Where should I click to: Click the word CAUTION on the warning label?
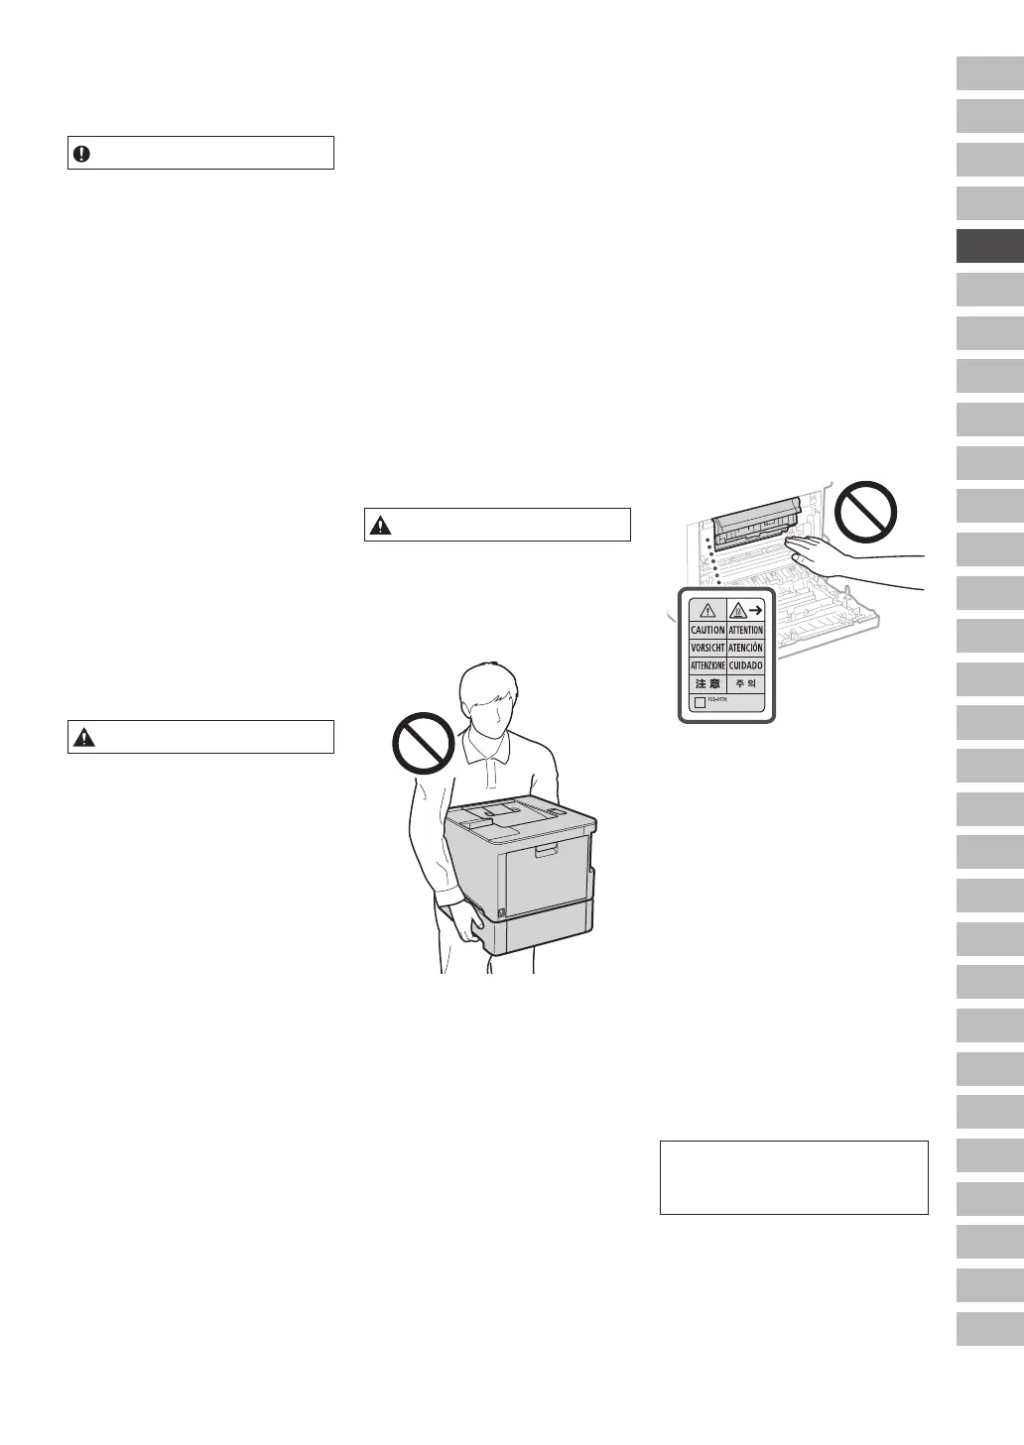[x=707, y=630]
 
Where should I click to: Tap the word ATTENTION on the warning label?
[x=745, y=630]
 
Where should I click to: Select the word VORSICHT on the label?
[x=707, y=648]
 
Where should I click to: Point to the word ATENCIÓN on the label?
[x=745, y=648]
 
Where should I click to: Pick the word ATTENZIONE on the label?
[x=707, y=665]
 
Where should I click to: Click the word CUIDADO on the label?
[x=745, y=665]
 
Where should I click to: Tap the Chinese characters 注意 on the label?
[x=707, y=684]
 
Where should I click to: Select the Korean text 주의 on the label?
[x=745, y=684]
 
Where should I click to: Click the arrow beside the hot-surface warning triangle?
[x=755, y=611]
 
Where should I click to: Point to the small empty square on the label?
[x=700, y=702]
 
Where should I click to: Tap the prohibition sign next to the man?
[x=424, y=742]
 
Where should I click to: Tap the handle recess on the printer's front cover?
[x=546, y=851]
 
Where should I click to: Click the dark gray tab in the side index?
[x=989, y=246]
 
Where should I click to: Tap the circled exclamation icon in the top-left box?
[x=81, y=154]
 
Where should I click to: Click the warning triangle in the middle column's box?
[x=379, y=526]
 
